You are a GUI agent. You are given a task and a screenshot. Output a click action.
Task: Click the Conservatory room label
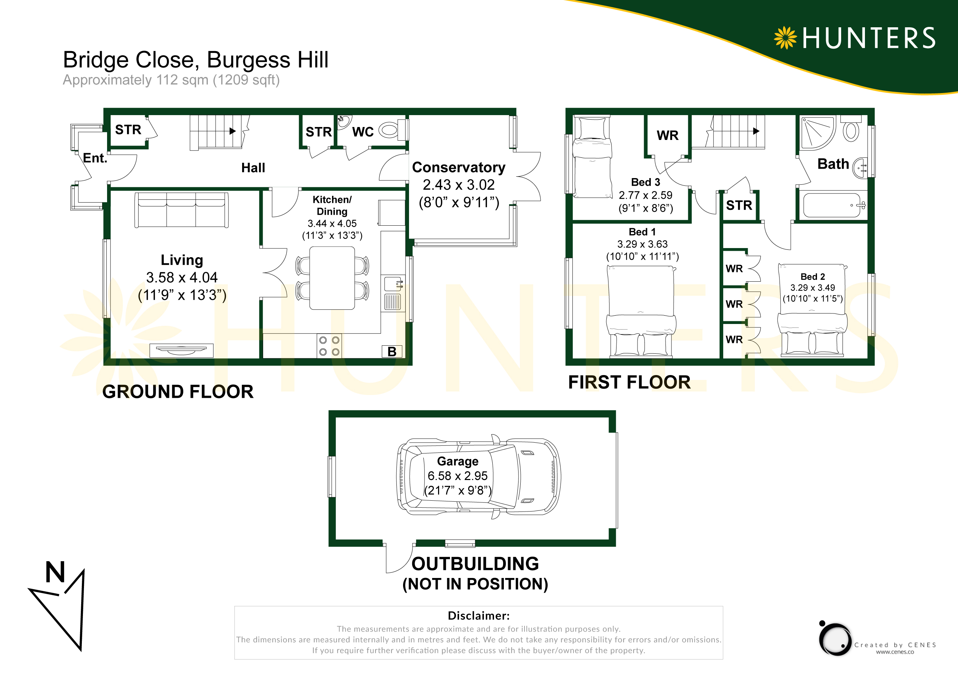click(x=459, y=167)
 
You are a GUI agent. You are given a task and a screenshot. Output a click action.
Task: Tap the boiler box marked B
click(x=392, y=351)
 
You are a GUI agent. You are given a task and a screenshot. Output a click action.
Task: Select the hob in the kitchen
click(x=329, y=346)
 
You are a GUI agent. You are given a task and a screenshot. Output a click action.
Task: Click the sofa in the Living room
click(x=182, y=210)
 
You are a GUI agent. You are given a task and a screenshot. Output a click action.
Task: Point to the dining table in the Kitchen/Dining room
click(x=332, y=278)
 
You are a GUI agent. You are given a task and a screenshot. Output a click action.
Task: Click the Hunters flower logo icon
click(x=785, y=38)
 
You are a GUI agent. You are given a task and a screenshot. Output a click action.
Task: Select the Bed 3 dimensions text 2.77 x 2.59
click(x=646, y=195)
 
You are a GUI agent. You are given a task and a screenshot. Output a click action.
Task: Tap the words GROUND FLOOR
click(x=178, y=392)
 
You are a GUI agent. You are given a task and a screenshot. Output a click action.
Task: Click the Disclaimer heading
click(x=479, y=616)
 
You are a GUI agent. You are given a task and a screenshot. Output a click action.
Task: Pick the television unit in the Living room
click(x=182, y=350)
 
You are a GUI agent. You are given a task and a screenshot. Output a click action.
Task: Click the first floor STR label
click(x=739, y=205)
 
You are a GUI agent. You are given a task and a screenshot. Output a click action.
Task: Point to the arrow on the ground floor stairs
click(x=233, y=131)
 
